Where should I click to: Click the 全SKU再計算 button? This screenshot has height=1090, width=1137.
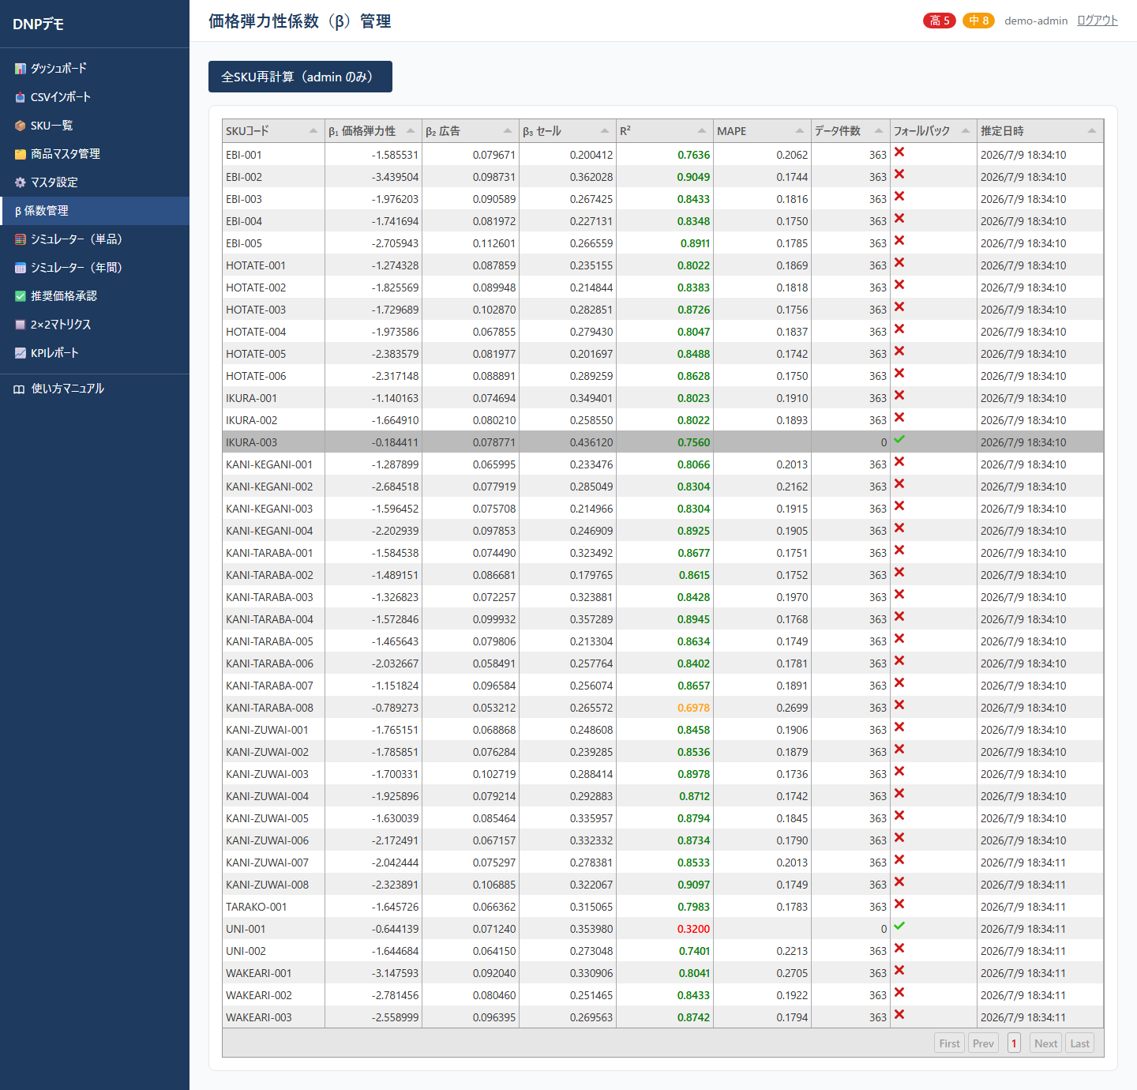300,77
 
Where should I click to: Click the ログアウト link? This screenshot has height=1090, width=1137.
1097,21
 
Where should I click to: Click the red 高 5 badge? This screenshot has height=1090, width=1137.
939,21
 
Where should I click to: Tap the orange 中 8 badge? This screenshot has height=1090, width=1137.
978,21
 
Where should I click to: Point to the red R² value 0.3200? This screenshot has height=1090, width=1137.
693,929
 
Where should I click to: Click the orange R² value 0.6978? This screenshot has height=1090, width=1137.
693,708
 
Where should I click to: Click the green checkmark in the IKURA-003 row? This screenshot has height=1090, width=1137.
899,439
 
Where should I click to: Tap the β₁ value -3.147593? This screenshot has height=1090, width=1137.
395,973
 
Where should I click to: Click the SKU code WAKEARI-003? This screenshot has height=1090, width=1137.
259,1017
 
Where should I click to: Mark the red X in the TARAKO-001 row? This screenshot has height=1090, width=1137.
899,904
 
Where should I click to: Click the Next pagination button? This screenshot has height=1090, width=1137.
1045,1043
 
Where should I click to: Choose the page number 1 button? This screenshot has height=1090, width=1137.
1014,1043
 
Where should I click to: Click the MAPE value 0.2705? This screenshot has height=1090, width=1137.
792,973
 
